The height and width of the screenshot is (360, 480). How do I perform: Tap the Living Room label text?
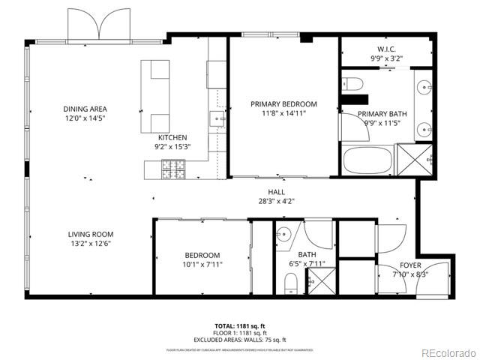pos(91,234)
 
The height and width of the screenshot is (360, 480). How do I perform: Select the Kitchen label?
pos(172,138)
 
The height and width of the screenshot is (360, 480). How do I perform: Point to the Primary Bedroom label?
pos(283,104)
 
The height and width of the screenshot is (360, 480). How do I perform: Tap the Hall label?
pos(276,192)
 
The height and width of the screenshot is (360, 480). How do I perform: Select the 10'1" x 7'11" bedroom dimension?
pos(202,264)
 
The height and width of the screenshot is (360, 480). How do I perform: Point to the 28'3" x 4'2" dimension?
pos(276,201)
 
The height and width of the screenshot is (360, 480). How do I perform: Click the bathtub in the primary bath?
pos(367,160)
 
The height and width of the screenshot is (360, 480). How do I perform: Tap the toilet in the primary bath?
pos(353,82)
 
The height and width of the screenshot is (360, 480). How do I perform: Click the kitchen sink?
pos(217,118)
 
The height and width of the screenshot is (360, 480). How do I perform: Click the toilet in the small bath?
pos(291,282)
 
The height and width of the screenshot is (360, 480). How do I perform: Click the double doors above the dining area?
pos(99,25)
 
